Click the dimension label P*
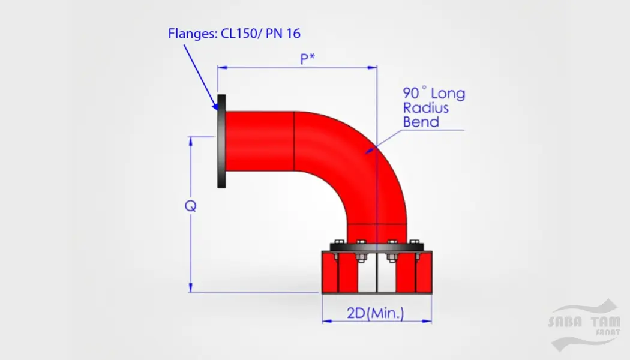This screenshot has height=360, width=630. pos(307,59)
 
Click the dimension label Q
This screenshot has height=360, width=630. pos(190,206)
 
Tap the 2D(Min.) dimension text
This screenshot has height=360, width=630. pos(375,313)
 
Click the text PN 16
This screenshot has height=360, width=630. pos(283,34)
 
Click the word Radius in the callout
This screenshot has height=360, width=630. pos(425,107)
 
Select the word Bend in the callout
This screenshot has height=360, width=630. pos(421,122)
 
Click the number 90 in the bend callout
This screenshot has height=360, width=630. pos(410,93)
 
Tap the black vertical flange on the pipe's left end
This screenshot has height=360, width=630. pos(221,141)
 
